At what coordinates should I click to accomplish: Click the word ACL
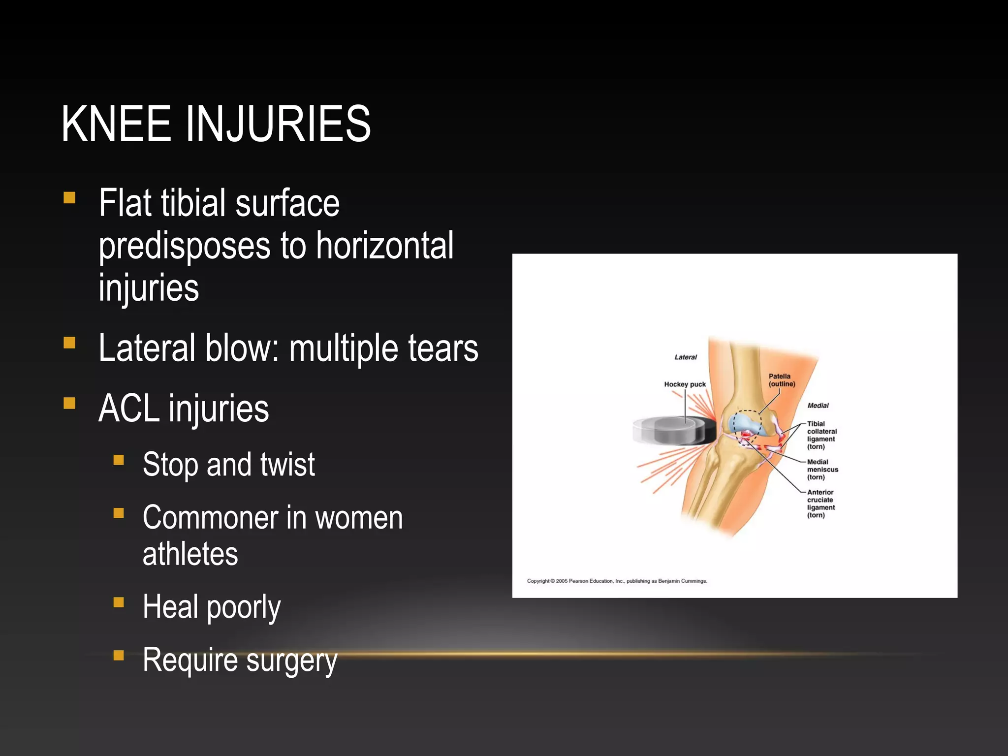click(128, 409)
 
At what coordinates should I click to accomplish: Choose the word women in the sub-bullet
click(359, 518)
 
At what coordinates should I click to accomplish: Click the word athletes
click(190, 554)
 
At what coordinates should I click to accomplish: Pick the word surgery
click(291, 660)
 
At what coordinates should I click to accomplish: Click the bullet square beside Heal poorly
click(119, 602)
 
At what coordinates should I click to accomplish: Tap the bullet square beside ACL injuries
click(69, 404)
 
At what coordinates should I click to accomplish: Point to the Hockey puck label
click(685, 384)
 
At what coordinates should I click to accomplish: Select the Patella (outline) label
click(782, 380)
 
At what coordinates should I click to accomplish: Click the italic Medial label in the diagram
click(818, 406)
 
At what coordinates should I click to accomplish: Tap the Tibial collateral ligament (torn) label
click(821, 435)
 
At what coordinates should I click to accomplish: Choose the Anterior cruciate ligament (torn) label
click(821, 504)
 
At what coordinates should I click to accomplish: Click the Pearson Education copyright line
click(617, 581)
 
